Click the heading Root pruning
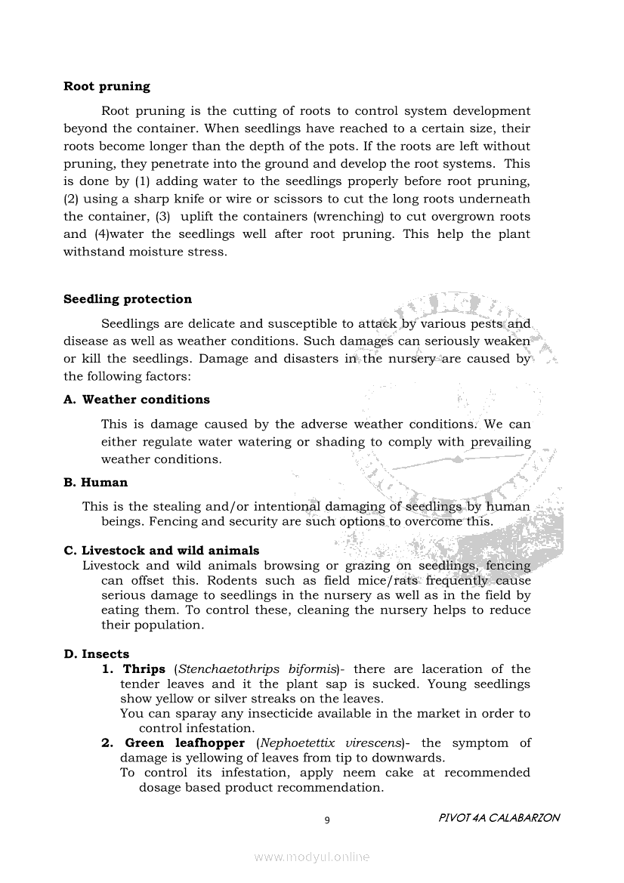coord(107,86)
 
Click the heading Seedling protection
coord(128,299)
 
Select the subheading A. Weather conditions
coord(137,400)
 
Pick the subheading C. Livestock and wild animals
coord(162,551)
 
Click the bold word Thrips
coord(144,669)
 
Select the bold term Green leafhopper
coord(184,743)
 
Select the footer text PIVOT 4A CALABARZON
coord(499,818)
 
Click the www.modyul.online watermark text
coord(312,857)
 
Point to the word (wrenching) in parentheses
coord(348,217)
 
